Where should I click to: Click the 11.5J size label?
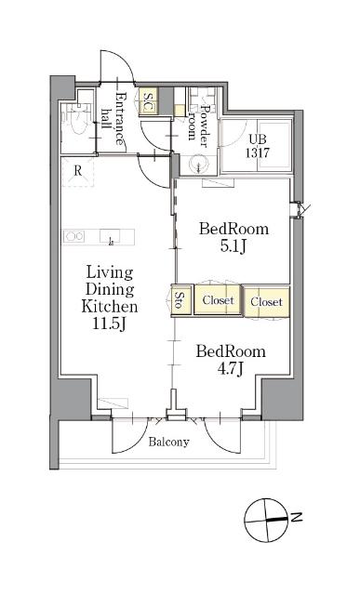pyautogui.click(x=109, y=324)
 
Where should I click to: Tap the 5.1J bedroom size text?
pyautogui.click(x=233, y=246)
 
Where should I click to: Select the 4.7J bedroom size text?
pyautogui.click(x=230, y=368)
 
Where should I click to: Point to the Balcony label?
pyautogui.click(x=168, y=442)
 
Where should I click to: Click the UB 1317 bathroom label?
pyautogui.click(x=258, y=146)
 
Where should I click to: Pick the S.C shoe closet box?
pyautogui.click(x=147, y=101)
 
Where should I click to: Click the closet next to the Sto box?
pyautogui.click(x=218, y=300)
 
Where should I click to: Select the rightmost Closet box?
pyautogui.click(x=267, y=301)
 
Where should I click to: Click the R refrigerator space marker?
pyautogui.click(x=77, y=171)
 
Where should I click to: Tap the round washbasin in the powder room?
pyautogui.click(x=199, y=164)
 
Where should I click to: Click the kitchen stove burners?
pyautogui.click(x=74, y=237)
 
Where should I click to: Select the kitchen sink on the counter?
pyautogui.click(x=110, y=236)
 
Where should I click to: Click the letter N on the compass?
pyautogui.click(x=296, y=517)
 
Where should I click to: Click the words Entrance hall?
pyautogui.click(x=113, y=118)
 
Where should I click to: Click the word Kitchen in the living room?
pyautogui.click(x=110, y=306)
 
